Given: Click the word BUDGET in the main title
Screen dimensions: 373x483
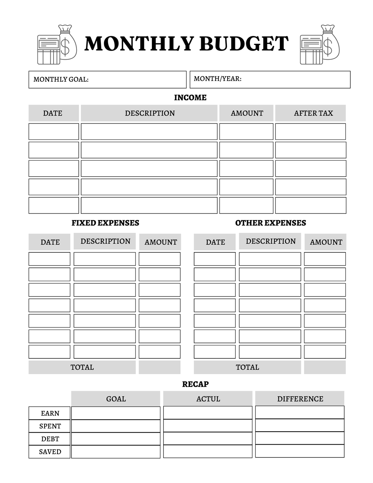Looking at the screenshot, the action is click(x=244, y=44).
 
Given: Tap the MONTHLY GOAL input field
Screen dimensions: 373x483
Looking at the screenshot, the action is click(x=135, y=79).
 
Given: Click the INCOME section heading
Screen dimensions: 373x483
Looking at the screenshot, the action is click(x=190, y=98).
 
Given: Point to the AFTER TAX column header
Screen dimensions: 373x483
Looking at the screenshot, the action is click(x=313, y=113).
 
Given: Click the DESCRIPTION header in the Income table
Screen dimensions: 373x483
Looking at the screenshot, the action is click(x=150, y=113).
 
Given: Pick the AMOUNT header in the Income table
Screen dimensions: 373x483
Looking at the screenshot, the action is click(x=247, y=113).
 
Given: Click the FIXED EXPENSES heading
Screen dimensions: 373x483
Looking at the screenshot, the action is click(x=105, y=223).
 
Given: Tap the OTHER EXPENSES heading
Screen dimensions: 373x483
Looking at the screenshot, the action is click(x=271, y=223).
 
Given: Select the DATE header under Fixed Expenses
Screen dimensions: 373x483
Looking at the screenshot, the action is click(x=50, y=242).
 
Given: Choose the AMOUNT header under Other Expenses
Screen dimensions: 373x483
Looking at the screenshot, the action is click(x=326, y=242).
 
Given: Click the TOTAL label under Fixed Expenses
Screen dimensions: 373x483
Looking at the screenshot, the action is click(x=82, y=367).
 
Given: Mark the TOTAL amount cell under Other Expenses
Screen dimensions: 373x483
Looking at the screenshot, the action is click(x=325, y=367).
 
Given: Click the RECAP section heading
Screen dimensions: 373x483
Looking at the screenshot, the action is click(x=195, y=384).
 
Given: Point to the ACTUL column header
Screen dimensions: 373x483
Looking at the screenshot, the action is click(x=208, y=399).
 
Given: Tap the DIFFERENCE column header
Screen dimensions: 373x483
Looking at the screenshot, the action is click(x=300, y=399).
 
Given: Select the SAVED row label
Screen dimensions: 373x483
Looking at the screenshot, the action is click(x=50, y=452).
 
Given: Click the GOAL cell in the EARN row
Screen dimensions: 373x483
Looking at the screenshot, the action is click(x=116, y=413).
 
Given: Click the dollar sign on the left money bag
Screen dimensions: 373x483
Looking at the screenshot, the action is click(x=65, y=47).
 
